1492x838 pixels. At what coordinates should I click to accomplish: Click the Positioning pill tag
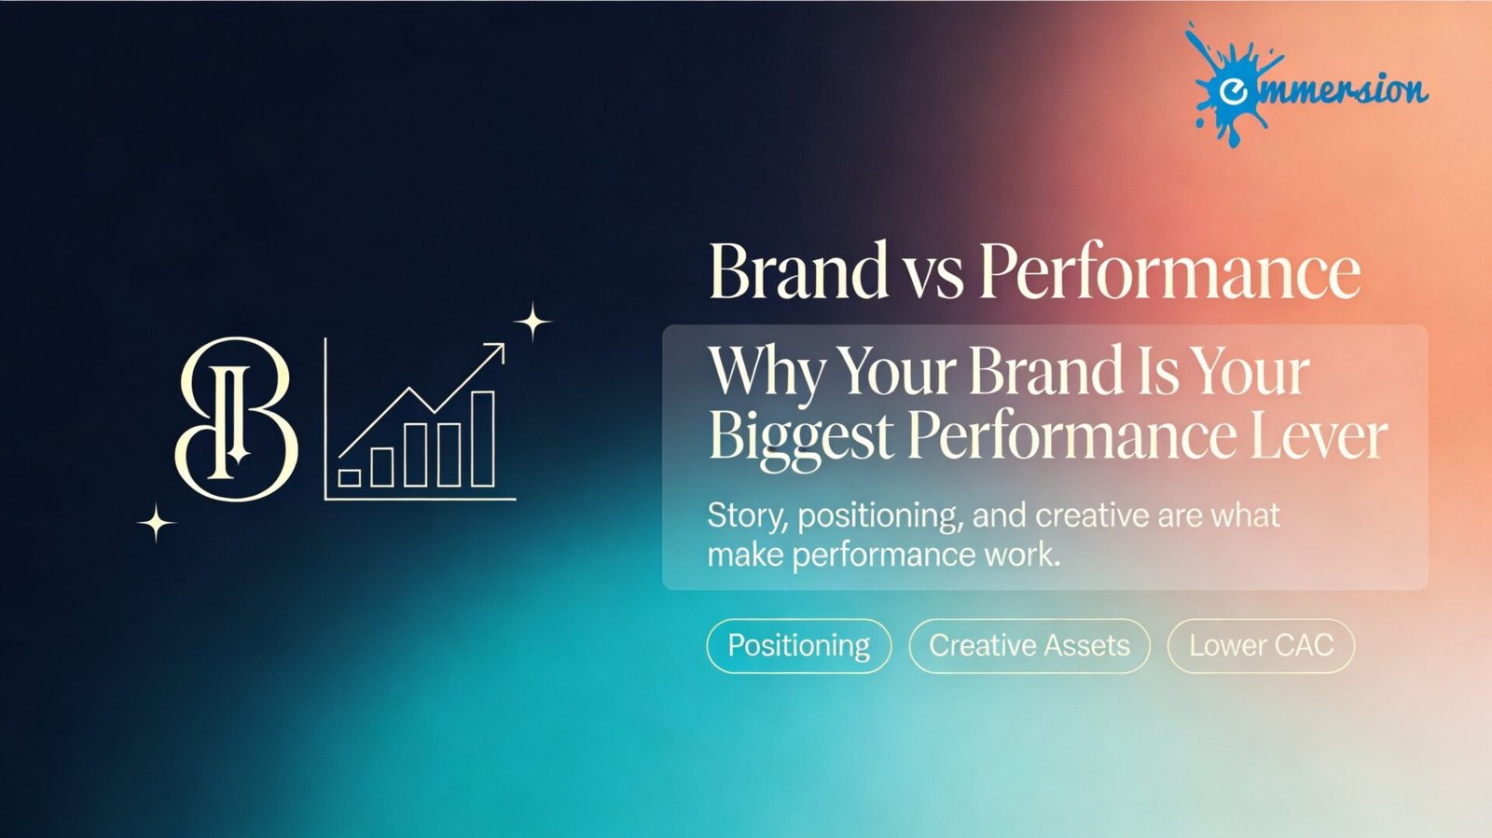(x=798, y=646)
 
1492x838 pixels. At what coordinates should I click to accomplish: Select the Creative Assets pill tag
(x=1029, y=646)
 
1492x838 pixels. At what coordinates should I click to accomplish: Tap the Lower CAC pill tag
(x=1261, y=646)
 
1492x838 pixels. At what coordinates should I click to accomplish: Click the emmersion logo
(x=1305, y=85)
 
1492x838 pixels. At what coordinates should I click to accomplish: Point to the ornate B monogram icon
(x=237, y=419)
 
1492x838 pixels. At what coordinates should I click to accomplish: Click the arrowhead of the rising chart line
(x=496, y=350)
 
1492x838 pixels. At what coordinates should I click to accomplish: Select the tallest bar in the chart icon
(x=483, y=439)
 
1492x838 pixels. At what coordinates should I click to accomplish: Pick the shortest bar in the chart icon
(x=350, y=478)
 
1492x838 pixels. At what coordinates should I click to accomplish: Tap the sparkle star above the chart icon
(x=532, y=322)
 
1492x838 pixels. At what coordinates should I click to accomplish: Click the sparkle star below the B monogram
(x=157, y=523)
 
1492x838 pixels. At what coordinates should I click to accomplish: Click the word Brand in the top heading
(x=798, y=271)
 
